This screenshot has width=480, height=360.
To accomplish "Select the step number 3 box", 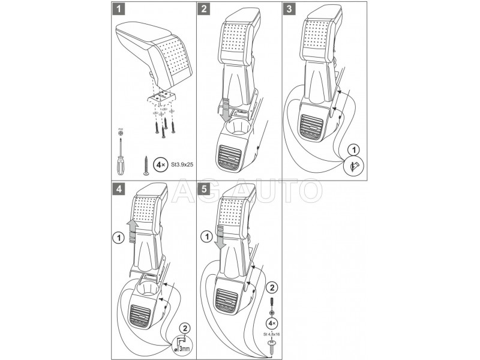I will pyautogui.click(x=290, y=10).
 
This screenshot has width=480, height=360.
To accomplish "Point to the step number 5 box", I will pyautogui.click(x=205, y=189).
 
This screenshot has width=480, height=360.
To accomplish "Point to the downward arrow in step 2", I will pyautogui.click(x=224, y=110).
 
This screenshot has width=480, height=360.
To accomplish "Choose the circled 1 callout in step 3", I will pyautogui.click(x=355, y=149).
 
